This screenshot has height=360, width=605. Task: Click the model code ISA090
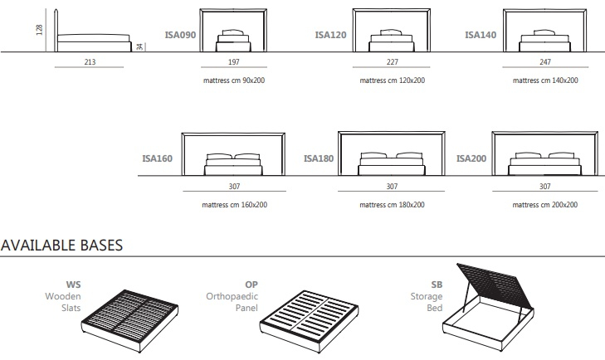[x=179, y=36]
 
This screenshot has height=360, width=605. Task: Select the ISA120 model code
[x=330, y=36]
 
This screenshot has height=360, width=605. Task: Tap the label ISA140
[x=481, y=36]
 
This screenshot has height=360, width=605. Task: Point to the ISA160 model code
[x=157, y=158]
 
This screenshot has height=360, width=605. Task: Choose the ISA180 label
[x=319, y=158]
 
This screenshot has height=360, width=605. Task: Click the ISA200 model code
[x=471, y=158]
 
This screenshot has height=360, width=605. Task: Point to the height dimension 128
[x=39, y=30]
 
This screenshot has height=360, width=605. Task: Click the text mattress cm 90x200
[x=233, y=80]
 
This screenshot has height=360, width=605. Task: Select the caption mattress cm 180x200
[x=392, y=204]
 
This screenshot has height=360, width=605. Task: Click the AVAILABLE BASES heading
[x=61, y=246]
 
